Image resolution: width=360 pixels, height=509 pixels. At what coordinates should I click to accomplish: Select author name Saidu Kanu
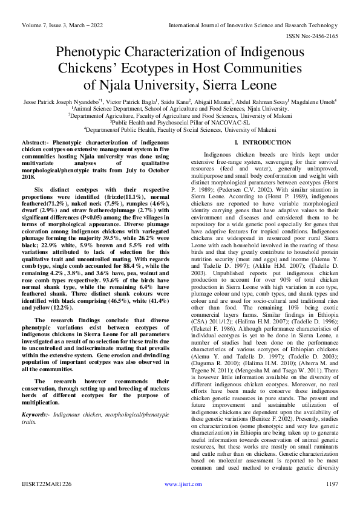pos(175,102)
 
